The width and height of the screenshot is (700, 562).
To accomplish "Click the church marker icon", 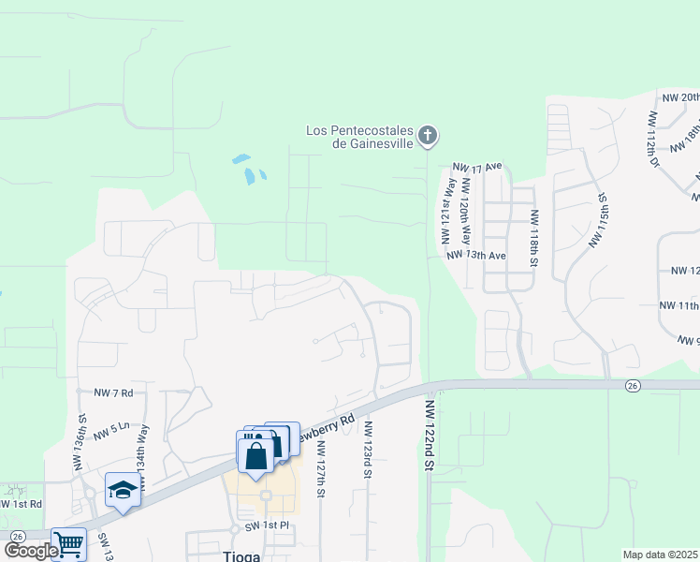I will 427,137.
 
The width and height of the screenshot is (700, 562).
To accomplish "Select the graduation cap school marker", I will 123,491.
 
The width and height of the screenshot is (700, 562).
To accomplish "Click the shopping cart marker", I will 68,543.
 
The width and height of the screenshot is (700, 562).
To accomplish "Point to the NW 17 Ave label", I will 477,167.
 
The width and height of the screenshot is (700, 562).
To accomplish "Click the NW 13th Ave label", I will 475,255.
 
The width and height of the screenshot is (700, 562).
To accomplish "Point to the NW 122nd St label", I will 430,435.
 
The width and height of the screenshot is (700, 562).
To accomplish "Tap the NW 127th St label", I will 320,465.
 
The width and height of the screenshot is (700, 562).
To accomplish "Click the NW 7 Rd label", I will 114,392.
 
